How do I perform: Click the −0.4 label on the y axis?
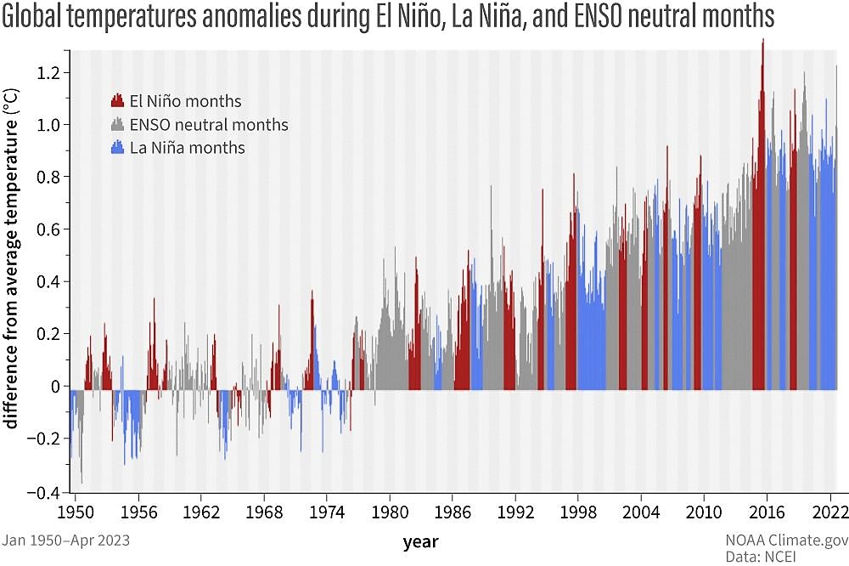(x=48, y=491)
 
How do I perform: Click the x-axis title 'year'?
(x=421, y=541)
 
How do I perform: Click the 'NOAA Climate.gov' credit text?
(x=786, y=539)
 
